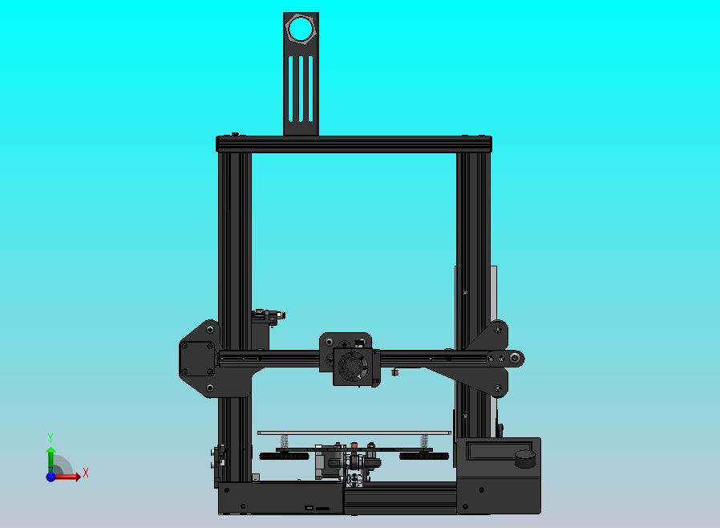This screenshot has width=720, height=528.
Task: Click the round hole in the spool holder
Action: click(301, 30)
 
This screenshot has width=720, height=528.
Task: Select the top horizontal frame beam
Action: click(354, 144)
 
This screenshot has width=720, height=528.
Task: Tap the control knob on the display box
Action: click(525, 458)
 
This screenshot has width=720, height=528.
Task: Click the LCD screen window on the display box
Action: click(491, 451)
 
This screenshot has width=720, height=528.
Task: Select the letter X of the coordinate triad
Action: click(86, 473)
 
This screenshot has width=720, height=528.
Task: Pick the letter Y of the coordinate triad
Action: click(51, 438)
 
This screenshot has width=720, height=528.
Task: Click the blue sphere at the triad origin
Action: click(51, 477)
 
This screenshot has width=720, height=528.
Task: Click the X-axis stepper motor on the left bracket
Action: click(195, 357)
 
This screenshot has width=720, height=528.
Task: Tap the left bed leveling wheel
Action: click(284, 456)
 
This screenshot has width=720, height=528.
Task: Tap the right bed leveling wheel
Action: click(424, 456)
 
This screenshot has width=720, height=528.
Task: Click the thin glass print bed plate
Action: click(354, 433)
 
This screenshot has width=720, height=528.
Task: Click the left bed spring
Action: click(284, 442)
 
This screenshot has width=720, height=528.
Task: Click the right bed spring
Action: click(424, 442)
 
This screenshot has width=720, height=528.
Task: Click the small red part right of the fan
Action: click(395, 372)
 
